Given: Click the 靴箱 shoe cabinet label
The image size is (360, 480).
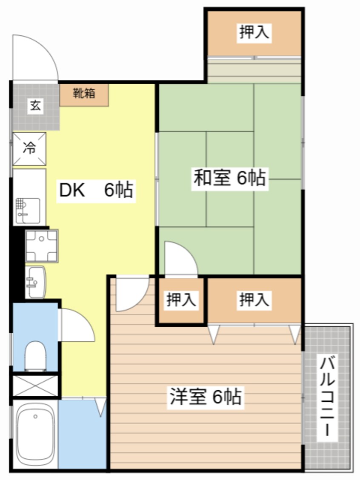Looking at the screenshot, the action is (x=84, y=93).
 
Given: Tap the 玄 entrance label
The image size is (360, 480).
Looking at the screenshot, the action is (x=35, y=106).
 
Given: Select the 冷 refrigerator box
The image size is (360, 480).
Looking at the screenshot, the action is (x=29, y=149).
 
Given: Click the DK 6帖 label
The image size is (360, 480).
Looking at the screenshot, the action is (x=96, y=190).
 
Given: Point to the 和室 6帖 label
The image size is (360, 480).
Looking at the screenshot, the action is (x=230, y=177).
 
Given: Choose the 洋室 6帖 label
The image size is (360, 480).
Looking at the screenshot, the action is (x=206, y=397).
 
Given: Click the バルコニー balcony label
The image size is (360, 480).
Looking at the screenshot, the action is (x=327, y=396).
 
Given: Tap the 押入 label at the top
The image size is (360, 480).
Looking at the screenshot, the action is (x=254, y=32).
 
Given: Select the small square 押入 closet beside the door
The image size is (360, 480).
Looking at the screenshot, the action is (x=181, y=300).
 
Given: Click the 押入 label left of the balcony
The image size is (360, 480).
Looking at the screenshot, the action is (x=254, y=300).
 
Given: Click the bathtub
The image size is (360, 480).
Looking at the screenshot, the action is (x=35, y=435).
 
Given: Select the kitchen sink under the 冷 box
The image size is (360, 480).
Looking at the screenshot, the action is (x=28, y=211).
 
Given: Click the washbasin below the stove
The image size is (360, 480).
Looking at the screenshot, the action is (x=35, y=282).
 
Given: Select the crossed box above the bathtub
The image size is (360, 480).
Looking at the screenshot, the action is (x=35, y=386).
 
